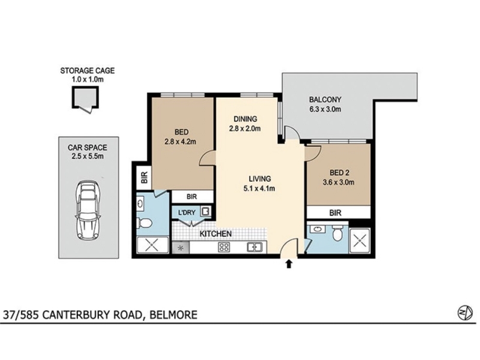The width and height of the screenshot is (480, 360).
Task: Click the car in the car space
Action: (88, 211)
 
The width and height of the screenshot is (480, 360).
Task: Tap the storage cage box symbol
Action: (85, 98)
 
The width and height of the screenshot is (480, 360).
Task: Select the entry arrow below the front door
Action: (289, 264)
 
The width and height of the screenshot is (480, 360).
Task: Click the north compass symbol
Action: (465, 313)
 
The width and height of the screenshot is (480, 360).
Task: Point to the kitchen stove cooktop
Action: (224, 247)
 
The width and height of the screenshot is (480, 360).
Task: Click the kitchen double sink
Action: (254, 247)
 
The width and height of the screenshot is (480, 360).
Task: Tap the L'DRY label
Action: (187, 212)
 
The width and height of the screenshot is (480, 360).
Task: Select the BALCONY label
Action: (325, 100)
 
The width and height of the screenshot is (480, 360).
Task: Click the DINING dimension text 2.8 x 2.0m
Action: (245, 128)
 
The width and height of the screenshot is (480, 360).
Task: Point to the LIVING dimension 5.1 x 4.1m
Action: (259, 188)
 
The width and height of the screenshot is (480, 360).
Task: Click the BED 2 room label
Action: (340, 173)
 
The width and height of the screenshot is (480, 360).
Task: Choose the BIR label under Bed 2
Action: (335, 213)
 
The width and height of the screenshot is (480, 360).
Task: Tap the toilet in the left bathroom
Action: (144, 223)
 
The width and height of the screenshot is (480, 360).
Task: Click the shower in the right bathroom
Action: (359, 241)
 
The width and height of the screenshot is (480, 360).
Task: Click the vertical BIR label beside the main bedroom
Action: (144, 177)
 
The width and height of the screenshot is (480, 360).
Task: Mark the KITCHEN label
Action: (215, 234)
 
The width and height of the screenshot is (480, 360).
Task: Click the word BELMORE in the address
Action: (173, 314)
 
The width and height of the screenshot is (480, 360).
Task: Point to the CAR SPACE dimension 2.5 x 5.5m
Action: (88, 157)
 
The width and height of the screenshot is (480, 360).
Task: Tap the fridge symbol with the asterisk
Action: (181, 248)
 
